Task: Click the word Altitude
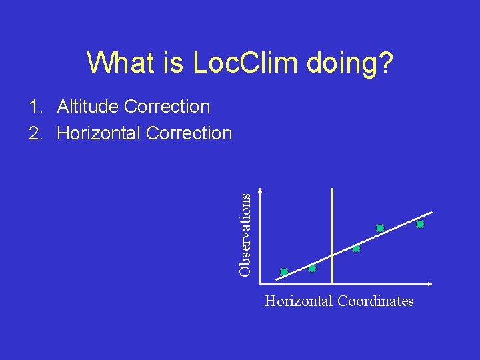point(88,107)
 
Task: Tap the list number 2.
point(34,133)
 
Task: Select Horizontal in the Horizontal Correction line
point(99,133)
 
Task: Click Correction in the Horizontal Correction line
point(189,133)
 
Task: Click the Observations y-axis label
point(245,235)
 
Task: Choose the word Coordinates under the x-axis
point(375,301)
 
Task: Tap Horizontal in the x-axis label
point(299,301)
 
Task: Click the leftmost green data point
point(284,272)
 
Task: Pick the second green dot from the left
point(312,269)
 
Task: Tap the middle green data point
point(356,249)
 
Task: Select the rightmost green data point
point(420,225)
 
